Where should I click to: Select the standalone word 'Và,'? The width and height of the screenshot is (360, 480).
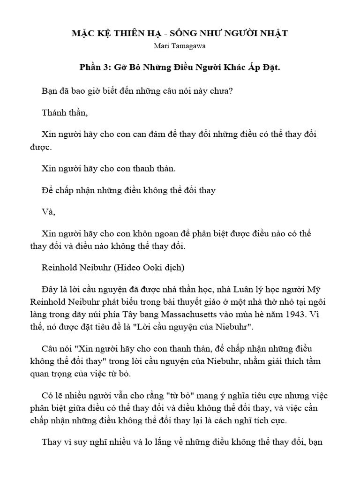(48, 211)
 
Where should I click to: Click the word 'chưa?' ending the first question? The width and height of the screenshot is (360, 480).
(222, 90)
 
